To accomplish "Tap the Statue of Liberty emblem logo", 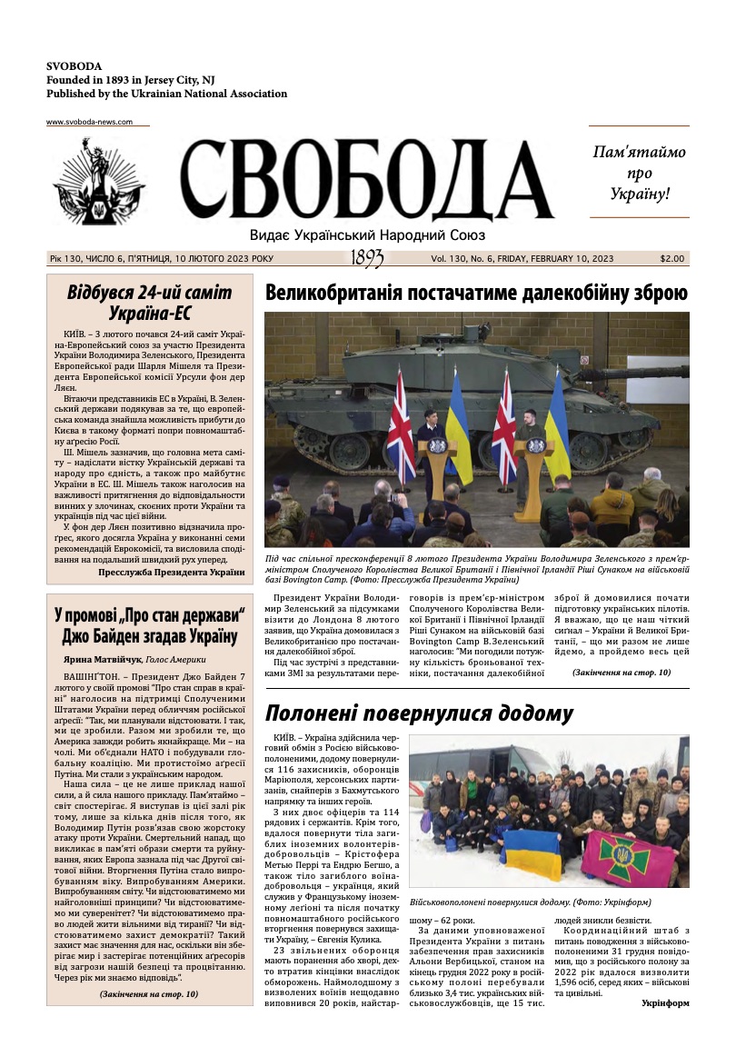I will click(98, 182).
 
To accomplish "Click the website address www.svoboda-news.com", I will click(89, 122).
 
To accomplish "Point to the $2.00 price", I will click(672, 259).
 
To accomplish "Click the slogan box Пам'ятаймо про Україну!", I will click(639, 172).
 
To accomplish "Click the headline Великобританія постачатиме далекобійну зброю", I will click(476, 293).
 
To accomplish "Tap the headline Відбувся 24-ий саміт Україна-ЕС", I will click(150, 304).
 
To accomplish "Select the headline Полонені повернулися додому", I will click(419, 713).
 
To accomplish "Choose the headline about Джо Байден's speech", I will click(150, 623).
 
